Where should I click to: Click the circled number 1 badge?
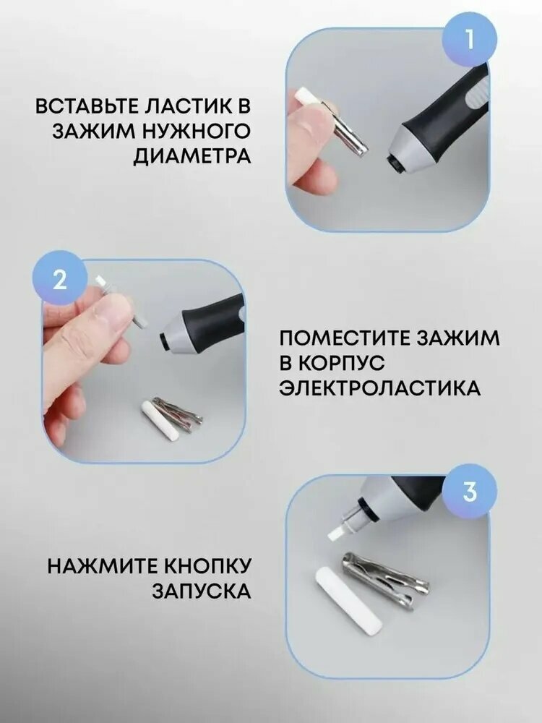point(470,38)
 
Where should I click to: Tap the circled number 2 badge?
point(59,278)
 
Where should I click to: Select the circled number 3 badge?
point(470,492)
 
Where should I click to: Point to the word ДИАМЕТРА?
point(192,157)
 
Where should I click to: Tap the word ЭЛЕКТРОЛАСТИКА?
point(379,388)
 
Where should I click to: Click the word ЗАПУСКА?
point(202,591)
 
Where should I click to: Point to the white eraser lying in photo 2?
point(155,416)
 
